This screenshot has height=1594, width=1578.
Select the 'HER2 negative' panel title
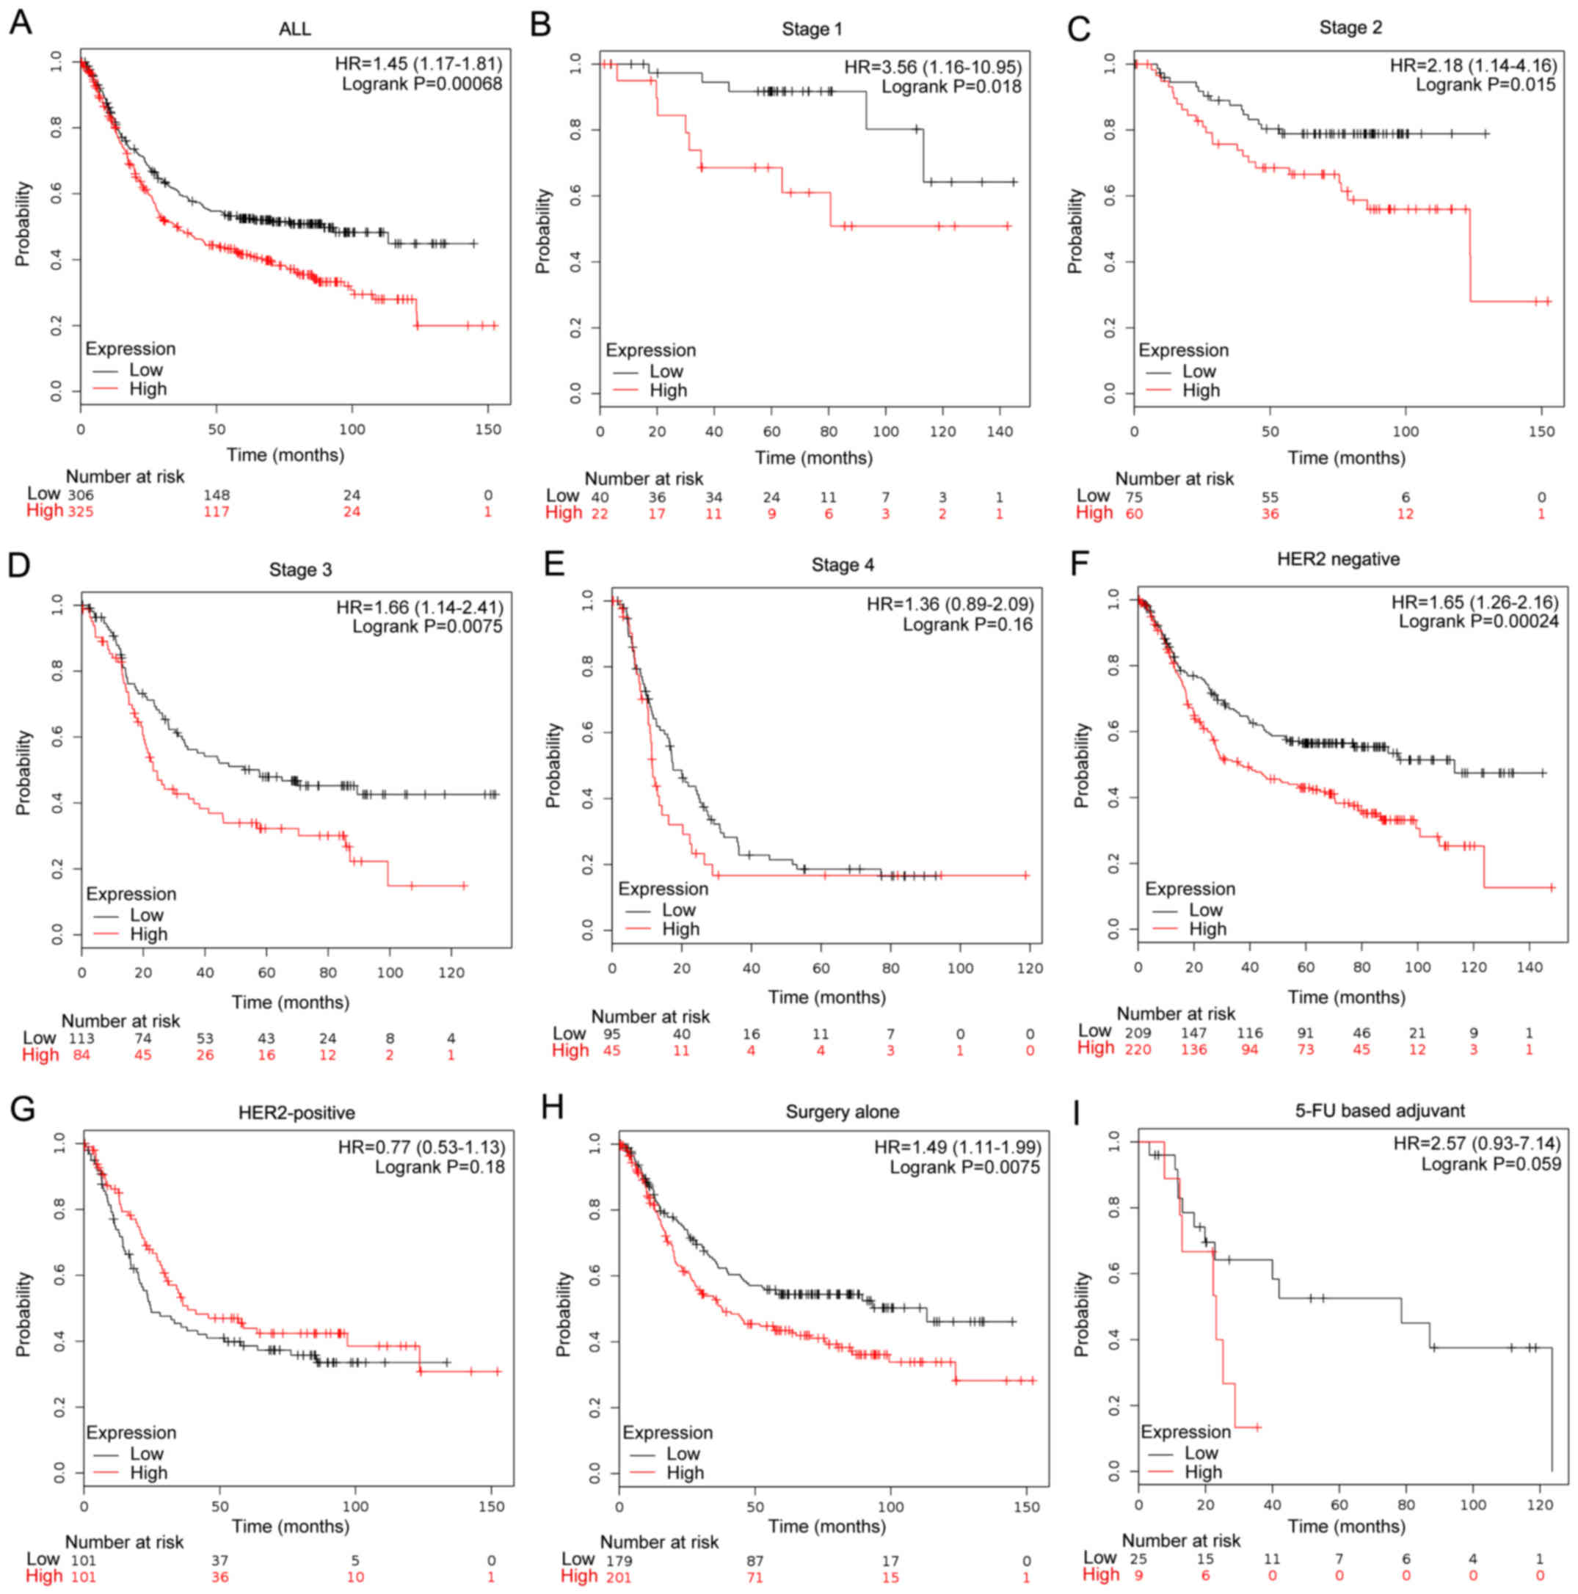click(1338, 559)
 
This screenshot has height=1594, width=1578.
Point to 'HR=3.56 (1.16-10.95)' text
click(932, 67)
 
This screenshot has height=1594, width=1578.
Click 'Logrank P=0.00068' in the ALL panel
click(422, 84)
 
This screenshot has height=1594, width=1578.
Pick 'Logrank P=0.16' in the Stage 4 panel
click(967, 625)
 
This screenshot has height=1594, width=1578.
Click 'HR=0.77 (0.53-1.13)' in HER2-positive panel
click(421, 1147)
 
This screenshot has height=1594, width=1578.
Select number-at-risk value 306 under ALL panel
click(81, 495)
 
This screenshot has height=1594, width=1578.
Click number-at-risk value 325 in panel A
click(81, 512)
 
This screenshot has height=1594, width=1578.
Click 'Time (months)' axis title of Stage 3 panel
click(290, 1002)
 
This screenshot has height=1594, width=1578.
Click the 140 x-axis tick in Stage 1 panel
click(1000, 432)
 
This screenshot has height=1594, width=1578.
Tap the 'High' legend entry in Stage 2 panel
click(1200, 390)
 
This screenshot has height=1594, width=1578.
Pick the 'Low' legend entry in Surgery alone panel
click(683, 1454)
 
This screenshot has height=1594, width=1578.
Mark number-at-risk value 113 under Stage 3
click(81, 1038)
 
